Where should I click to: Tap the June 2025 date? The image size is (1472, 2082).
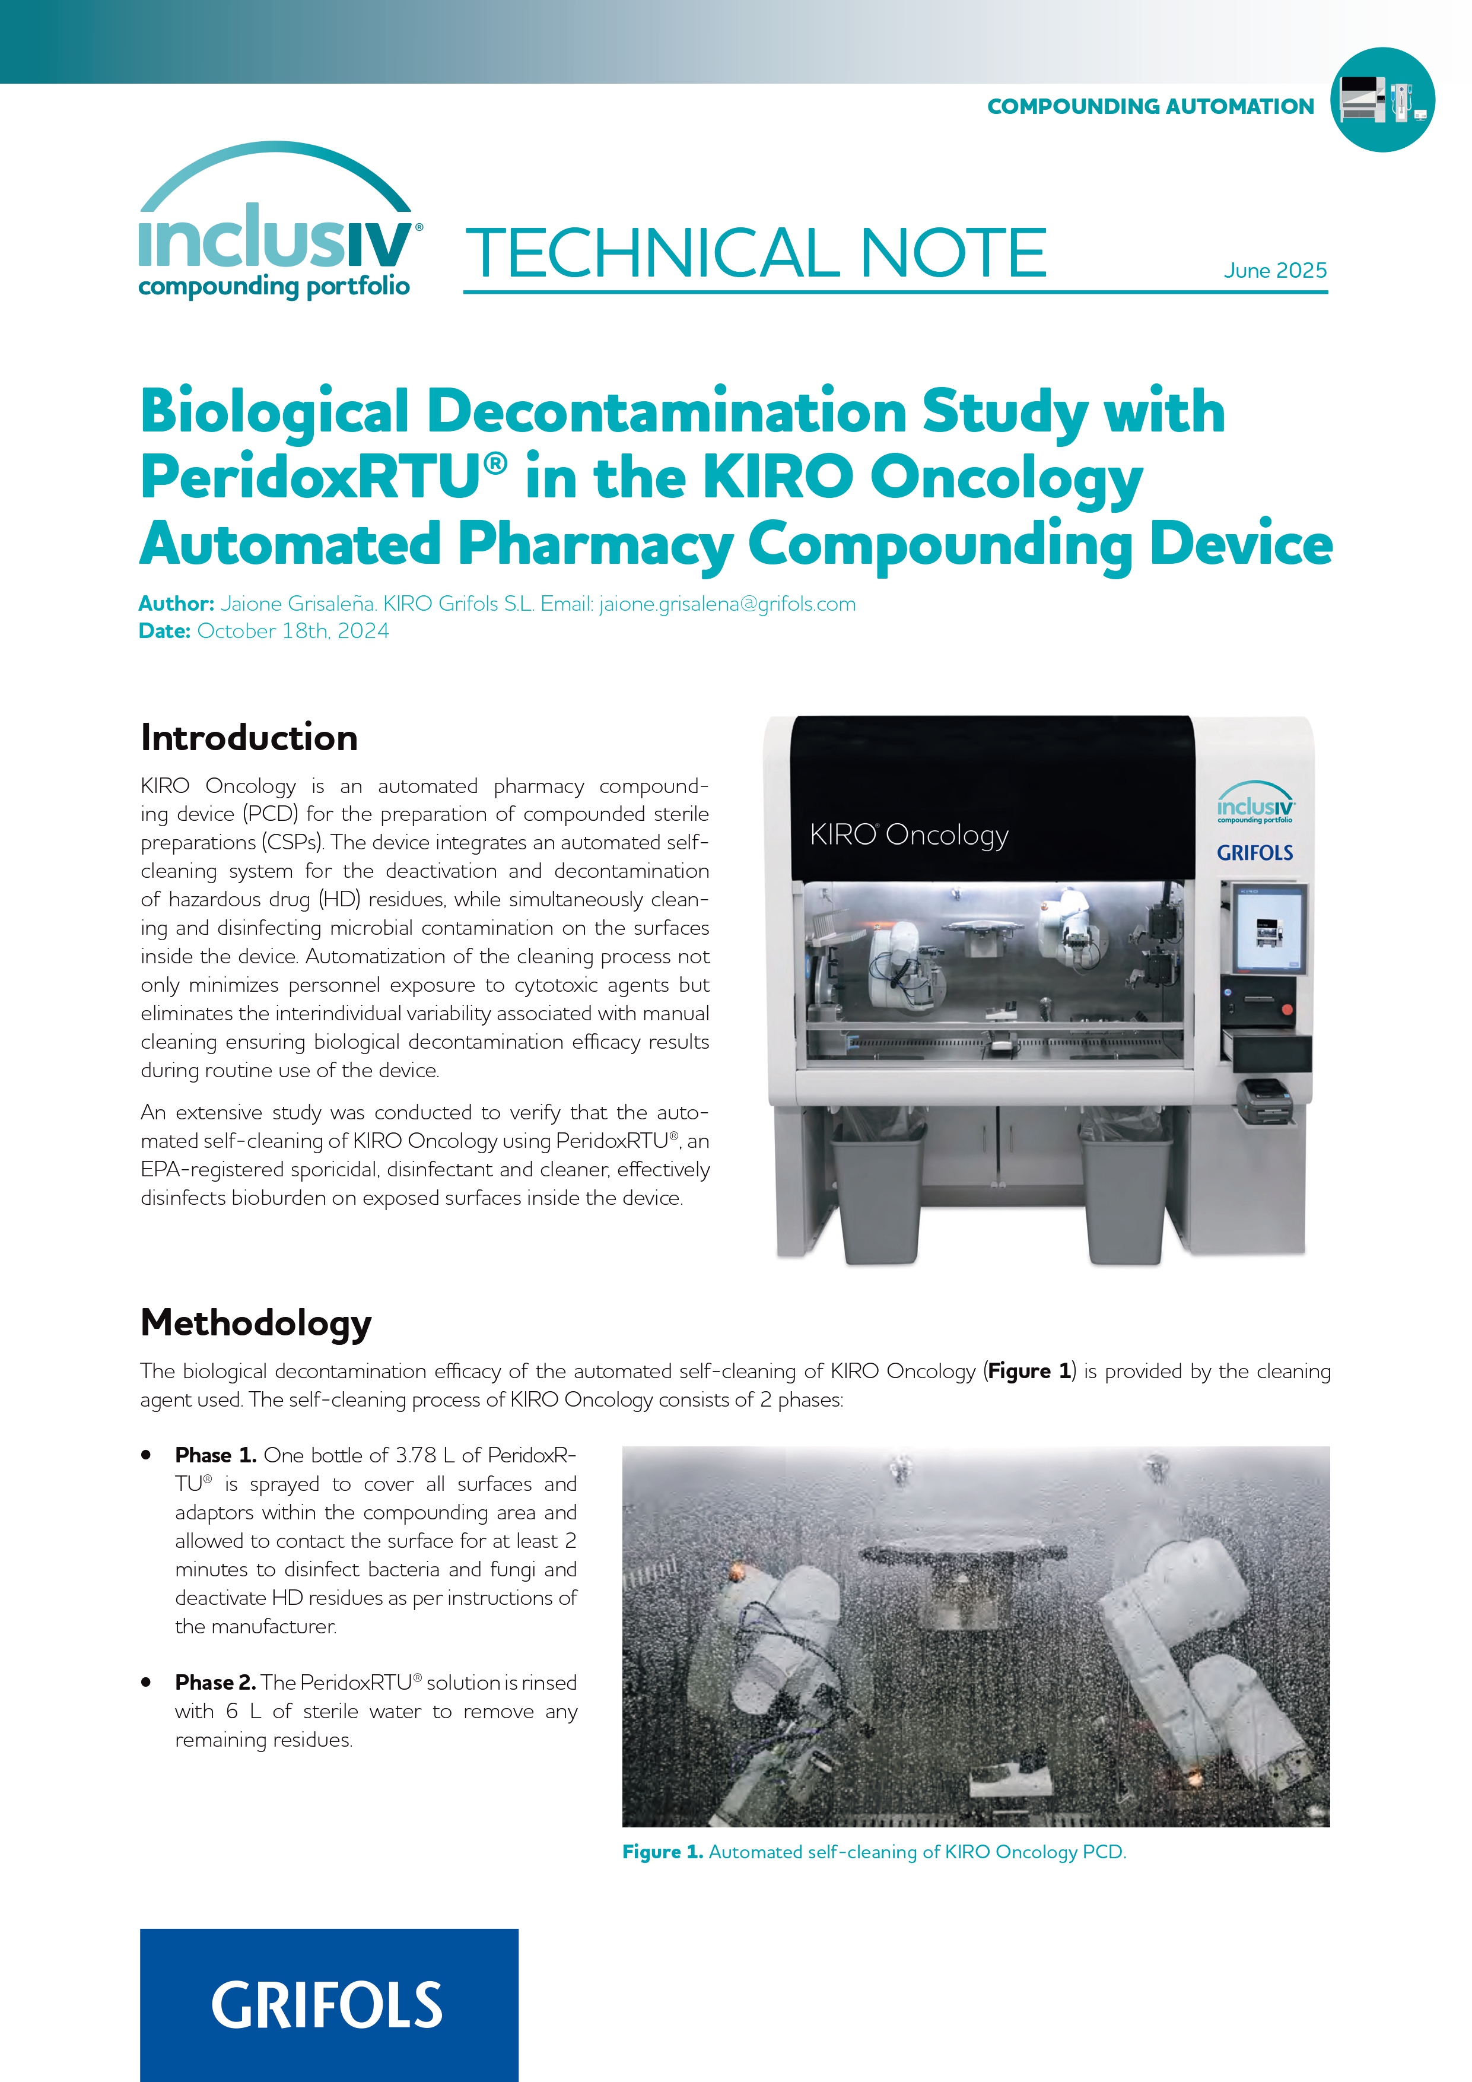pos(1274,270)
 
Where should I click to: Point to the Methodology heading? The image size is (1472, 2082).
pos(256,1323)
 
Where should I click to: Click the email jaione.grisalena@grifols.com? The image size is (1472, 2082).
pos(727,604)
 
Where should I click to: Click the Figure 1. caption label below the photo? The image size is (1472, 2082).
pos(663,1852)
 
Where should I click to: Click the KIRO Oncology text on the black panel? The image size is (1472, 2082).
pos(909,834)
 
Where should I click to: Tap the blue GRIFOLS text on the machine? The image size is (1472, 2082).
pos(1254,852)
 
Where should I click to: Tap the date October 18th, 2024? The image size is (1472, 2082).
pos(293,631)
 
